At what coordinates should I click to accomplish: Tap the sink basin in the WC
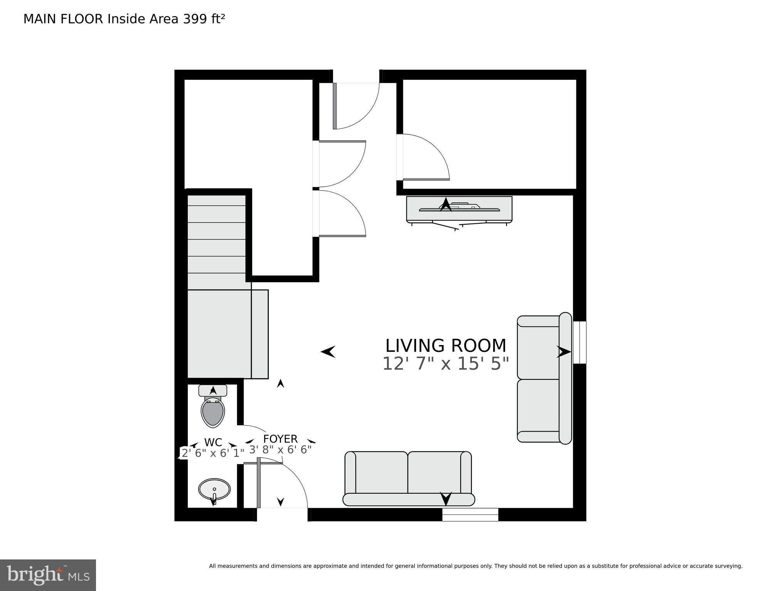coord(214,489)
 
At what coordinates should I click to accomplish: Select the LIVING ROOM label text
coord(446,346)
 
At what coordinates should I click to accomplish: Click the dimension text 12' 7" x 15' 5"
coord(446,364)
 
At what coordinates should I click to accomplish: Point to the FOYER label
coord(280,439)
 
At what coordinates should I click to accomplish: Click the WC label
coord(213,442)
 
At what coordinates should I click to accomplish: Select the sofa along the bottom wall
coord(408,479)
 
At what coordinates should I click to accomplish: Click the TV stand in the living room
coord(459,210)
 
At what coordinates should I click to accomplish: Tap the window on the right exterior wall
coord(579,342)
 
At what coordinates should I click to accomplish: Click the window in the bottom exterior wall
coord(470,514)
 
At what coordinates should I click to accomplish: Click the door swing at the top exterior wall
coord(357,106)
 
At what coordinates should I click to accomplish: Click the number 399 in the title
coord(194,19)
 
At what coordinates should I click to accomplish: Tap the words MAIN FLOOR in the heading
coord(63,19)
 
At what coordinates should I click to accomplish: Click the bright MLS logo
coord(48,575)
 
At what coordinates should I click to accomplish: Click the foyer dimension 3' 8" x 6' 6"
coord(280,450)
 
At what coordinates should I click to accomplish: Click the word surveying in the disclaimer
coord(729,566)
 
